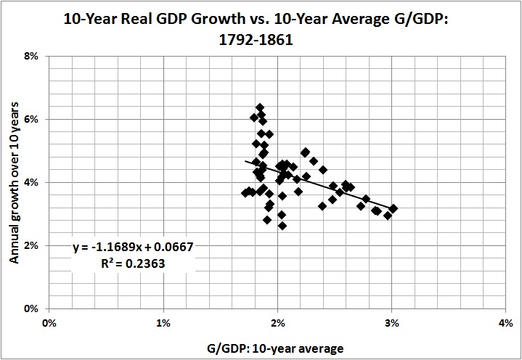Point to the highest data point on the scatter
(x=259, y=107)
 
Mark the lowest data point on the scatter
(x=282, y=226)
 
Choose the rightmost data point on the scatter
(x=393, y=208)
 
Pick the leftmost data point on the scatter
(x=245, y=192)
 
